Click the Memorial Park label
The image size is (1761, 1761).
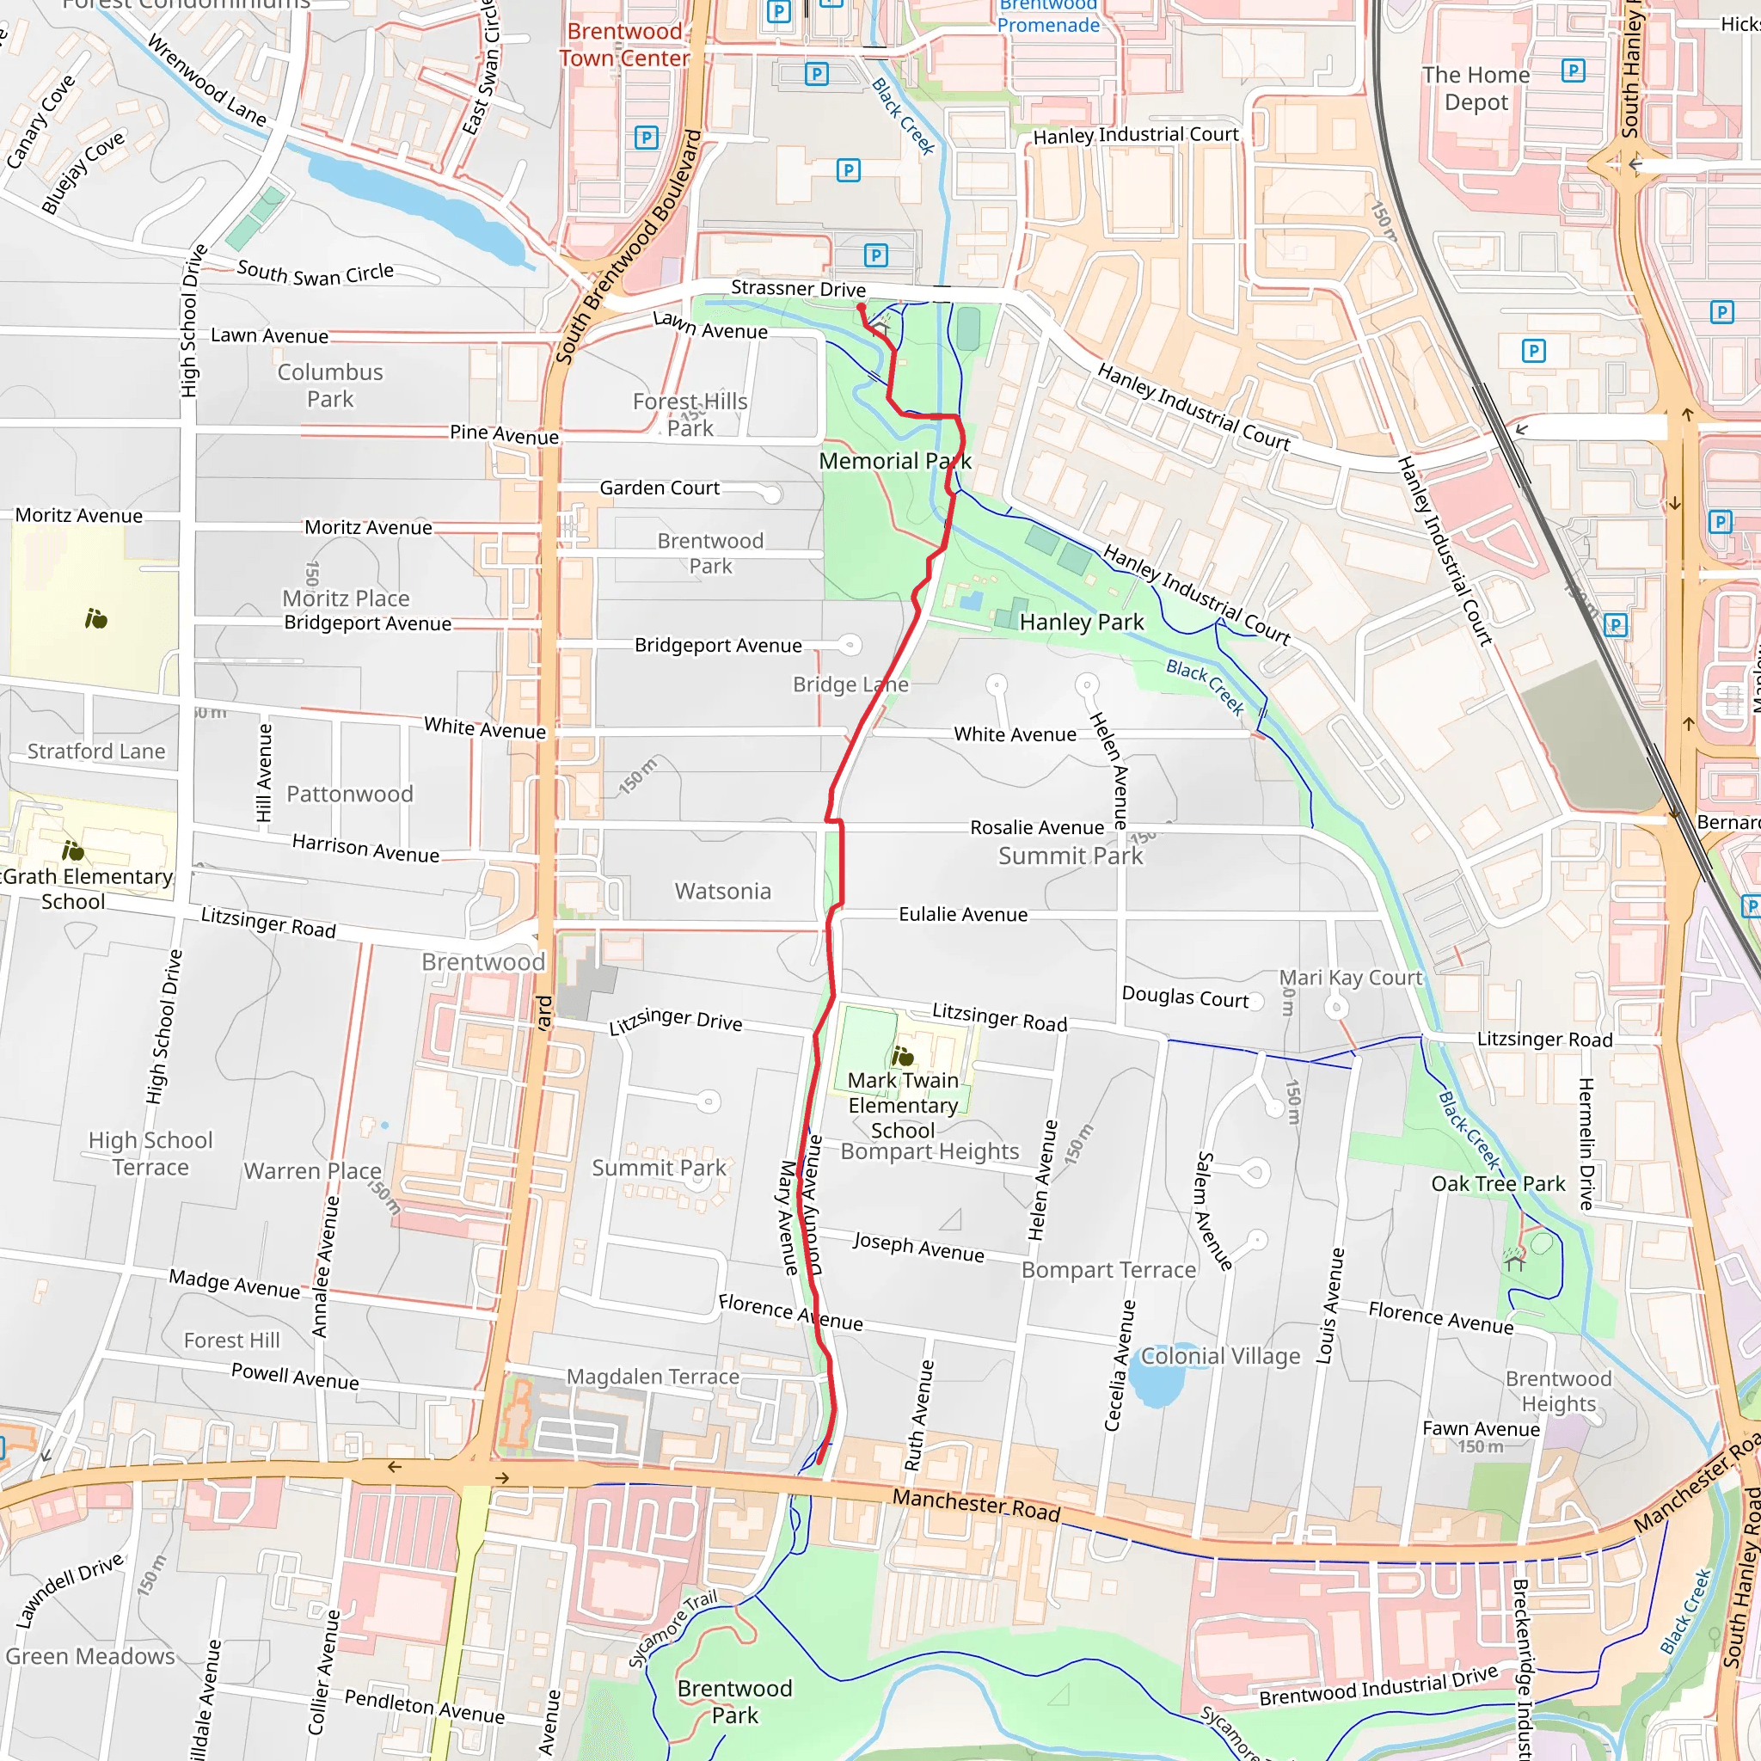894,461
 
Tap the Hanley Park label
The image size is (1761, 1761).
1081,623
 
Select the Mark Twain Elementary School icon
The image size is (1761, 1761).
902,1057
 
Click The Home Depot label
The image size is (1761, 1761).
1476,89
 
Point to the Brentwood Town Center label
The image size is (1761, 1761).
624,45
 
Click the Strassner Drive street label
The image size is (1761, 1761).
798,289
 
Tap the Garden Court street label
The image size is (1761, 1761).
659,488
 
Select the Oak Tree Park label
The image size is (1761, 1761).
1498,1184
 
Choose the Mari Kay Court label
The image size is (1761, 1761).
1350,978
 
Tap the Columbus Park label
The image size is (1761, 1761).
330,385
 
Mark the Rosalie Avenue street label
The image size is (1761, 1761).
1036,828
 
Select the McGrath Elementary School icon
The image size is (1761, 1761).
73,851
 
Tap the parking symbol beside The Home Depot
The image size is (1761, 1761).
1574,71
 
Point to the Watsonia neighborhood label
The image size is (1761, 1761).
723,892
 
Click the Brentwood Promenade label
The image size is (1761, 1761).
1048,16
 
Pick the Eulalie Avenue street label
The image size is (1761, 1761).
962,914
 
